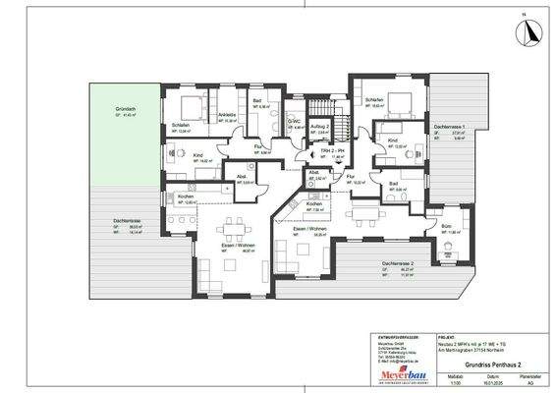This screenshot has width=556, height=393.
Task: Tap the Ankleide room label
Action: [x=225, y=115]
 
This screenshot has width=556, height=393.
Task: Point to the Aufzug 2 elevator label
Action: [x=317, y=129]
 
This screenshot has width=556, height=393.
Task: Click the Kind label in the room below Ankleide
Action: [x=199, y=155]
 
